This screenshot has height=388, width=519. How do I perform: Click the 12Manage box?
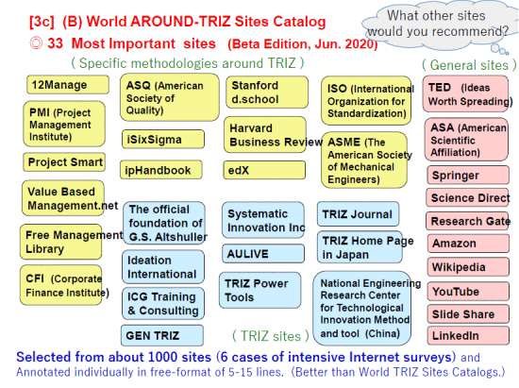click(68, 85)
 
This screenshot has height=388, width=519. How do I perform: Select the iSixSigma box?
click(163, 139)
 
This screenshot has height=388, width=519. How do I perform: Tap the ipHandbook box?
click(161, 170)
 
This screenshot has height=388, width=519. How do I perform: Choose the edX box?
click(264, 170)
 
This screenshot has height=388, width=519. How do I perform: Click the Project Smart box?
click(64, 162)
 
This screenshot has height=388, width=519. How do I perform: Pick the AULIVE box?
click(263, 254)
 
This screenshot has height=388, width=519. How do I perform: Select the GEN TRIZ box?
click(162, 335)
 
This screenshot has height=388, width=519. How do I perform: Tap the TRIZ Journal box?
click(359, 214)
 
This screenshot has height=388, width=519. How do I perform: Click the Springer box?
click(468, 176)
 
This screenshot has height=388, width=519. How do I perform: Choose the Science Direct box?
click(467, 197)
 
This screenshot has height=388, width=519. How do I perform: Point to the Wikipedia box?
click(468, 267)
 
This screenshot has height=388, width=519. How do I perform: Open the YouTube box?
click(468, 292)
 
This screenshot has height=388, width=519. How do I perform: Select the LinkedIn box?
click(468, 335)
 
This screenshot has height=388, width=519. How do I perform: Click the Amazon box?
click(468, 244)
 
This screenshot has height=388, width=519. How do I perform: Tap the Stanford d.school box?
click(267, 92)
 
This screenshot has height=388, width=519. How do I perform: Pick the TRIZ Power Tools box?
click(260, 291)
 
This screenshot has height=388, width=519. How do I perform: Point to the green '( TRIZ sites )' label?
click(271, 336)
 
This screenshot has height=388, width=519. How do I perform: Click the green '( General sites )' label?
click(469, 65)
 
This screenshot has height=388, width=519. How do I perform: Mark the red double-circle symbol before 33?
click(36, 43)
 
